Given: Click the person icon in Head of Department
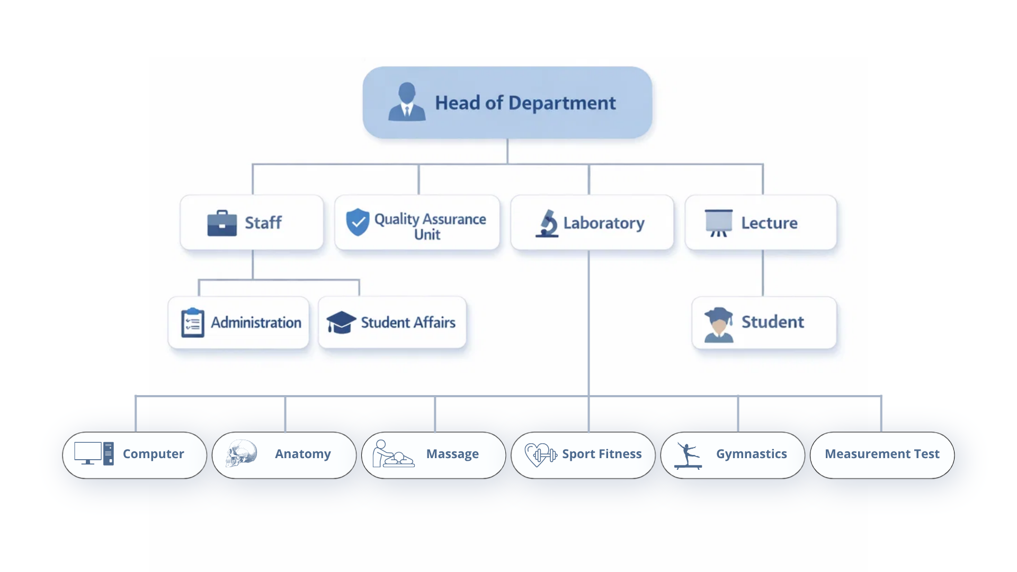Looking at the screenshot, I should pos(407,102).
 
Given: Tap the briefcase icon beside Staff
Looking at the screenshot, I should pos(222,223).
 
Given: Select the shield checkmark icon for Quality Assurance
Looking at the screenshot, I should pos(358,222).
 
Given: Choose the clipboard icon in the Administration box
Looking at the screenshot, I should pos(192,323).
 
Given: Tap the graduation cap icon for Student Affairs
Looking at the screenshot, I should pos(341,322).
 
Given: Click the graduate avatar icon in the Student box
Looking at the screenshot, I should pos(719,324).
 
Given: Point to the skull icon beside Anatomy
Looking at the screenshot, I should pos(242,453).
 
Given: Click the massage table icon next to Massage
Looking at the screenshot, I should pos(392,454).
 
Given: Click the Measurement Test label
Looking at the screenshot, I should pos(882,454).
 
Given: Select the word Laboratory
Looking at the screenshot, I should pos(604,223).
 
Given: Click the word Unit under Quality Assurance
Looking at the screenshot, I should pos(427,235).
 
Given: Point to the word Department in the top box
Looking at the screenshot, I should pos(562,103).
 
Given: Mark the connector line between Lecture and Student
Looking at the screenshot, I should pos(763,273).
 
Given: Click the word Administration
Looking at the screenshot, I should pos(256,323).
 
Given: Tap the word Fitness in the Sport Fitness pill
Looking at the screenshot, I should pos(620,454).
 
